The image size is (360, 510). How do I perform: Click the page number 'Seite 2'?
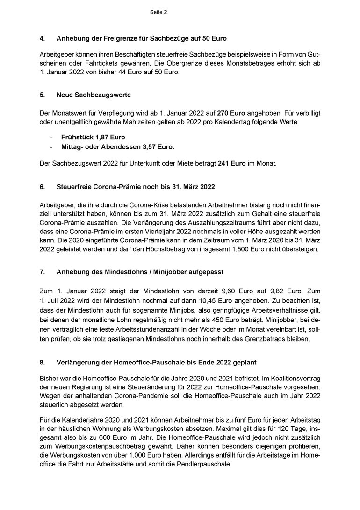158,12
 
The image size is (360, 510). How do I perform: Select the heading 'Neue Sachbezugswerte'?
94,95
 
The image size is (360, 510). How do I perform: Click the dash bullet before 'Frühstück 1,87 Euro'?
51,138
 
